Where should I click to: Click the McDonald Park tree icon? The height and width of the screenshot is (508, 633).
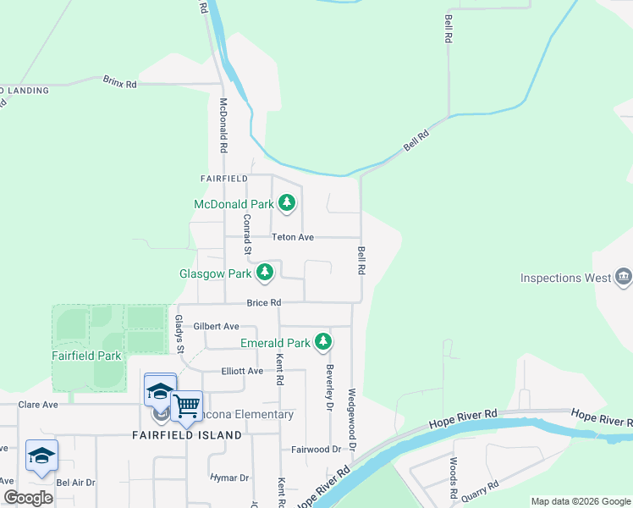pos(288,203)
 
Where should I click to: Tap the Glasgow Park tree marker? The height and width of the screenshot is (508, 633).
pos(266,273)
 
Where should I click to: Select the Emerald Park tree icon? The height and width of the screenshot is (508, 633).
pos(322,342)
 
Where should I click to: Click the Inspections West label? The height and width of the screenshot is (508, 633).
pos(565,278)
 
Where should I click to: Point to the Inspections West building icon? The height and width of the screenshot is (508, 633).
pos(624,276)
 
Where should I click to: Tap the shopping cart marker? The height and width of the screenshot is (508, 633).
pos(186,406)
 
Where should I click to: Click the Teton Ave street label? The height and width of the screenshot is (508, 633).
pos(292,238)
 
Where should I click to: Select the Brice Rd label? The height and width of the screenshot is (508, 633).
pos(263,302)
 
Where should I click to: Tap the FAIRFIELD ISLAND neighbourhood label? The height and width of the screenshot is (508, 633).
pos(186,435)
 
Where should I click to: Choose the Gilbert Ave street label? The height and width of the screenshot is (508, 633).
pos(216,326)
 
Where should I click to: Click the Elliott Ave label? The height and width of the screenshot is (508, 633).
pos(243,371)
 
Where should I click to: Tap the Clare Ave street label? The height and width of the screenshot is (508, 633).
pos(38,405)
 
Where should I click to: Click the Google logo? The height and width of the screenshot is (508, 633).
pos(28,498)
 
